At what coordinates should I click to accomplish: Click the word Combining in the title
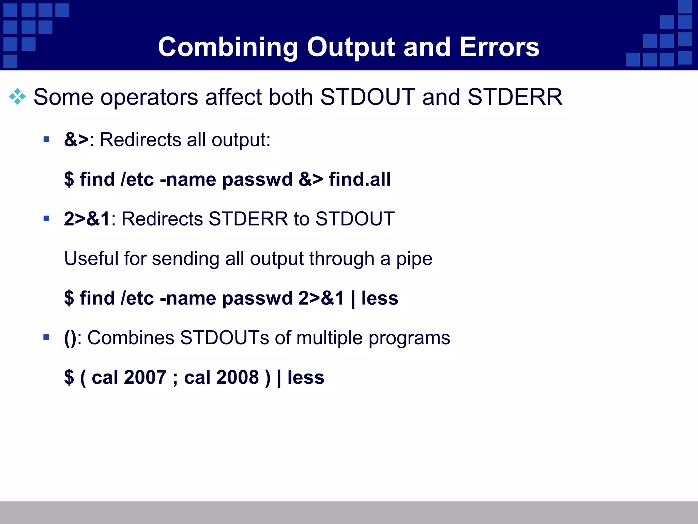point(228,47)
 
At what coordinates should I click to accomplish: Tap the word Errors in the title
point(499,47)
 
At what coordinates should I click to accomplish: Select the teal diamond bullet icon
point(17,97)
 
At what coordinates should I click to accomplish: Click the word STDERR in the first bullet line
point(515,97)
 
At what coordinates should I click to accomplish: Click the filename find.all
point(360,179)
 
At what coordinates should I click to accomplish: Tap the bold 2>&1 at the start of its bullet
point(87,219)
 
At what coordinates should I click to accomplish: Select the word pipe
point(414,259)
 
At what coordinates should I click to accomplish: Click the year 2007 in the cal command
point(145,377)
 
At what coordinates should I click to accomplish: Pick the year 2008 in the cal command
point(238,377)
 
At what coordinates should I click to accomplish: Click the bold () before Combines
point(70,338)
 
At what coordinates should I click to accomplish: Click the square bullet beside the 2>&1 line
point(47,218)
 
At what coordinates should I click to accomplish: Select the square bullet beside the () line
point(47,337)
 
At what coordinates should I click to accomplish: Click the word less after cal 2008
point(306,377)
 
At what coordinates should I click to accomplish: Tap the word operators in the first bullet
point(149,98)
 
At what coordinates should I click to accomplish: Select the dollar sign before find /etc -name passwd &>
point(69,179)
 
